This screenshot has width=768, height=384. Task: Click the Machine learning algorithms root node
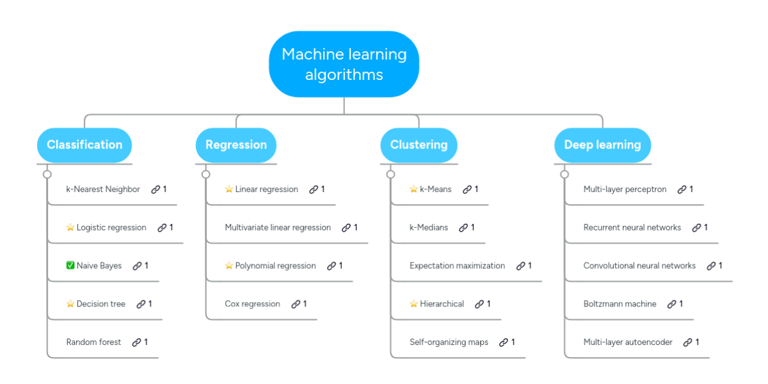click(344, 64)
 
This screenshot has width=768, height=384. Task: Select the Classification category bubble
click(84, 145)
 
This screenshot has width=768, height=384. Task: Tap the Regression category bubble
click(236, 145)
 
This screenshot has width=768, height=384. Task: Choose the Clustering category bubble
click(419, 145)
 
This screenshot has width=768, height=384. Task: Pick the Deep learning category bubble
click(602, 145)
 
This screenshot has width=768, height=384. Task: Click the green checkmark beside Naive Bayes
click(70, 266)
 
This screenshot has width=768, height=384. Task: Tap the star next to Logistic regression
click(70, 227)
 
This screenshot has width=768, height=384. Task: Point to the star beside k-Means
click(413, 189)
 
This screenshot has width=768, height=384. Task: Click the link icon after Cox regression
click(296, 304)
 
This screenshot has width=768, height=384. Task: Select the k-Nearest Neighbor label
click(103, 189)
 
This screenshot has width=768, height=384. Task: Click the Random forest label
click(93, 342)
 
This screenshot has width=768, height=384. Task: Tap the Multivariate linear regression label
click(278, 228)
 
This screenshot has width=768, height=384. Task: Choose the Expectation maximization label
click(457, 266)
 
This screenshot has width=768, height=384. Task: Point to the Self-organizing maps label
click(449, 342)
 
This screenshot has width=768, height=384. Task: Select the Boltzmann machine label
click(620, 304)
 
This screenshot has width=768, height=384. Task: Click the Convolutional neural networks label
click(639, 266)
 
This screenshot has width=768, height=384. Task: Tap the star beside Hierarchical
click(413, 303)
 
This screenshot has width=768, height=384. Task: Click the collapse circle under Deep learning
click(564, 175)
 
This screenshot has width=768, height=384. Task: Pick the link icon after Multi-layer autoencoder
click(687, 342)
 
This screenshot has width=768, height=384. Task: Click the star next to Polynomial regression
click(228, 266)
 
